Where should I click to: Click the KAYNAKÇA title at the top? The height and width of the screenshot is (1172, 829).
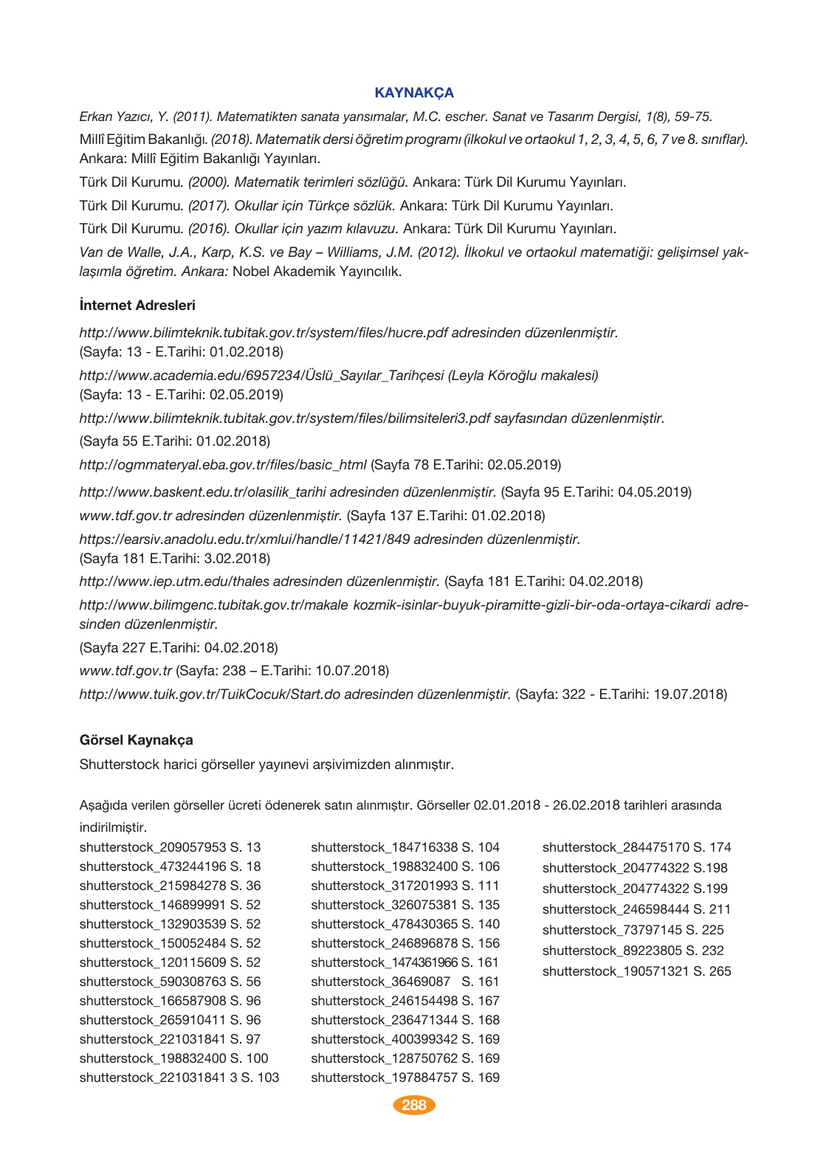click(414, 93)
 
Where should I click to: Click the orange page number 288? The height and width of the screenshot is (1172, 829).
click(414, 1105)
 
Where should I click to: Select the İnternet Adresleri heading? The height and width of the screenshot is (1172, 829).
click(137, 306)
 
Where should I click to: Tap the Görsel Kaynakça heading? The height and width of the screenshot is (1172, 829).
click(136, 740)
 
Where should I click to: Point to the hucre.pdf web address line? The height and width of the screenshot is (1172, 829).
click(348, 333)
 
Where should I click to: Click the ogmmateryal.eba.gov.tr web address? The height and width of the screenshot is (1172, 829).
click(223, 465)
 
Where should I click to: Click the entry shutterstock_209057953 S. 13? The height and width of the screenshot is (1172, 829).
click(170, 847)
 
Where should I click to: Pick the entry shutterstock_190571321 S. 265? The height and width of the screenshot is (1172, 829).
click(636, 971)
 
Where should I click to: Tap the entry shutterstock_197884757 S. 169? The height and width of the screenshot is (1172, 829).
click(405, 1078)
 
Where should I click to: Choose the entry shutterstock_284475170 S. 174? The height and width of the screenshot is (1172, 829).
click(636, 847)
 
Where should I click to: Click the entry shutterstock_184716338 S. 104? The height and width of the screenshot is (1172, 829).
click(405, 847)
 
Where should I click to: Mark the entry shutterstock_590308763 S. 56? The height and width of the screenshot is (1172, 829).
click(170, 982)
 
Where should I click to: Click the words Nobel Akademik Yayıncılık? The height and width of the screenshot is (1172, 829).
click(317, 272)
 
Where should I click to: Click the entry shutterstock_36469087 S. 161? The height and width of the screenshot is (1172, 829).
click(405, 982)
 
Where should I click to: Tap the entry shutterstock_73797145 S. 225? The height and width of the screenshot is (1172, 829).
click(633, 930)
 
